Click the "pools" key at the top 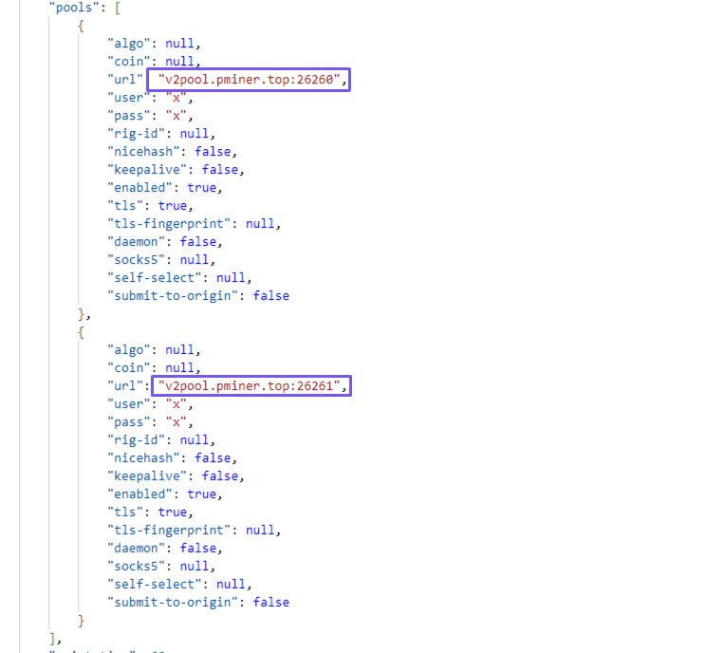pyautogui.click(x=74, y=8)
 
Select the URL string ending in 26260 pyautogui.click(x=249, y=80)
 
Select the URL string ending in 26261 pyautogui.click(x=249, y=386)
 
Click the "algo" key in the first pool pyautogui.click(x=129, y=44)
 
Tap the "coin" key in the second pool pyautogui.click(x=129, y=368)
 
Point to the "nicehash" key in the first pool pyautogui.click(x=143, y=152)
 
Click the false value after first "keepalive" pyautogui.click(x=220, y=170)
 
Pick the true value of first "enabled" pyautogui.click(x=202, y=188)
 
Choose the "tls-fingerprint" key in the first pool pyautogui.click(x=169, y=224)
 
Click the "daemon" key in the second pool pyautogui.click(x=136, y=548)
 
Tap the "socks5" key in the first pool pyautogui.click(x=136, y=260)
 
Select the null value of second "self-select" pyautogui.click(x=231, y=584)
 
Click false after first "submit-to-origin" pyautogui.click(x=271, y=296)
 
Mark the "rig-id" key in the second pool pyautogui.click(x=136, y=440)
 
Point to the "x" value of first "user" pyautogui.click(x=176, y=98)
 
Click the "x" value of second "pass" pyautogui.click(x=176, y=422)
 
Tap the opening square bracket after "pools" pyautogui.click(x=118, y=8)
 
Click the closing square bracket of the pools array pyautogui.click(x=53, y=638)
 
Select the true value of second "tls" pyautogui.click(x=173, y=512)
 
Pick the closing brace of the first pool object pyautogui.click(x=81, y=314)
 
